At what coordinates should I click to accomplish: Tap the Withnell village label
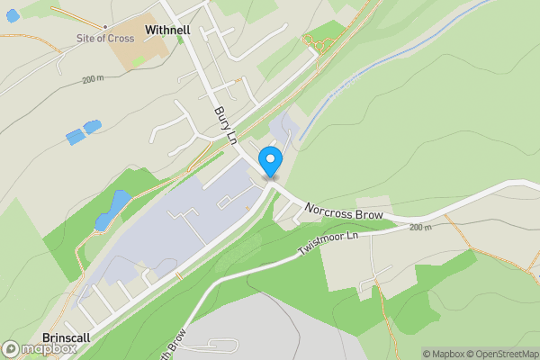coord(166,29)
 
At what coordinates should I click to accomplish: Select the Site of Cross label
coord(105,39)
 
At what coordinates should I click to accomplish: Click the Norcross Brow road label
coord(344,211)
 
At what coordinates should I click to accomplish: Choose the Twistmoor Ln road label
coord(328,245)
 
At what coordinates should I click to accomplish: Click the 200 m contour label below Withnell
coord(94,80)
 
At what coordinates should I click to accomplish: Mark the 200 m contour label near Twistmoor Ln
coord(420,228)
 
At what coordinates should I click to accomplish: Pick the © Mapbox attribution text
coord(443,354)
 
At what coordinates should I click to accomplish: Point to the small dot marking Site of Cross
coord(105,27)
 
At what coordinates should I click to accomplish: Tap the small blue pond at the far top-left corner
coord(12,15)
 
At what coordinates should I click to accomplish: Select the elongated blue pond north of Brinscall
coord(112,208)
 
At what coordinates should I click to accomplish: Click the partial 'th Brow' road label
coord(176,333)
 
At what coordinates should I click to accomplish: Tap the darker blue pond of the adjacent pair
coord(75,137)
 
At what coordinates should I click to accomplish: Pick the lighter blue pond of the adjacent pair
coord(93,127)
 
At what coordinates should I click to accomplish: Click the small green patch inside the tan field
coord(138,60)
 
